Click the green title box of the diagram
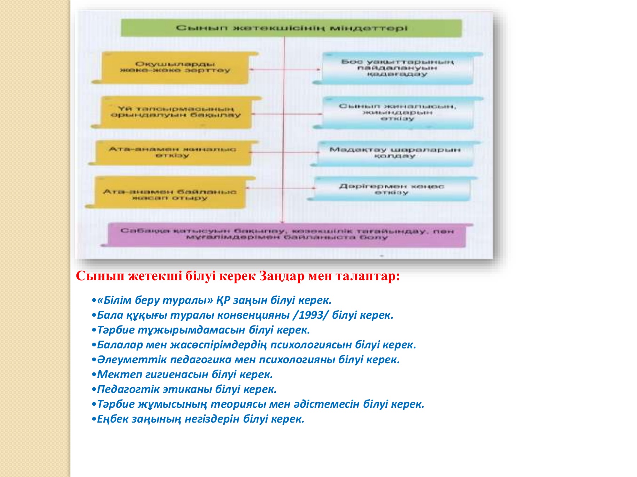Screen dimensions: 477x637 pos(291,28)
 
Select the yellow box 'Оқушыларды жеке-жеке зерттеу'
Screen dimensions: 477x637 pos(175,67)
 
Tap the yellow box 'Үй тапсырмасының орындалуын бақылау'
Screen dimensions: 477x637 pos(176,112)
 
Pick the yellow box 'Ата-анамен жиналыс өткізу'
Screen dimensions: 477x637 pos(172,153)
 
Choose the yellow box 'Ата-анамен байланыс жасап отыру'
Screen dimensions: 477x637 pos(170,194)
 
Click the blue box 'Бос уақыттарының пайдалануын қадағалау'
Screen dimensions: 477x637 pos(397,68)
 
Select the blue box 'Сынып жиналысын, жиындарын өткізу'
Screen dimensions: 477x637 pos(397,112)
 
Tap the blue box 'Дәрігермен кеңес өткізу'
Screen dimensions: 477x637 pos(391,189)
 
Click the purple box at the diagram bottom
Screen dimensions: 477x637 pos(287,235)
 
